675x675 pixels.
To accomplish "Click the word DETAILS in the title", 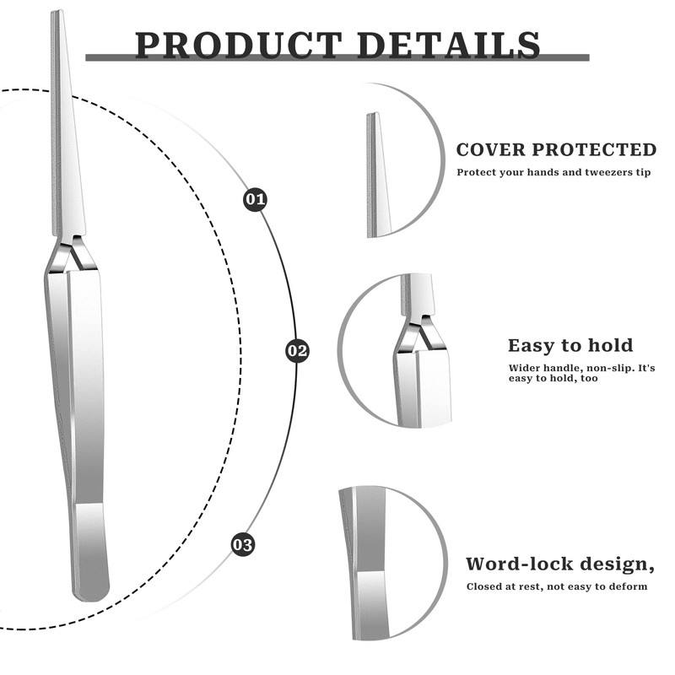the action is coord(448,45).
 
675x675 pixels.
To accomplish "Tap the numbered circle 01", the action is coord(255,200).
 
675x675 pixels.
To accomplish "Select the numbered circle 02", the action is coord(297,350).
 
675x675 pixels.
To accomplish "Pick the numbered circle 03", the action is coord(243,544).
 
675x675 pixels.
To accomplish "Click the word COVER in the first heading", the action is coord(494,150).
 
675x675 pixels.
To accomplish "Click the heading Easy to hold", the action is coord(570,345).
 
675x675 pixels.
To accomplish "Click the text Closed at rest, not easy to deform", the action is coord(557,586).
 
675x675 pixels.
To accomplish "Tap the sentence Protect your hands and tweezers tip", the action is coord(554,172).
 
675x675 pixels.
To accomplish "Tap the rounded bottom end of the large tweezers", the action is coord(91,591).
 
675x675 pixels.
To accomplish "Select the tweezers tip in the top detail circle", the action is coord(375,177).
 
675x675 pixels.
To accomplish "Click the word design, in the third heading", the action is coord(624,564).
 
